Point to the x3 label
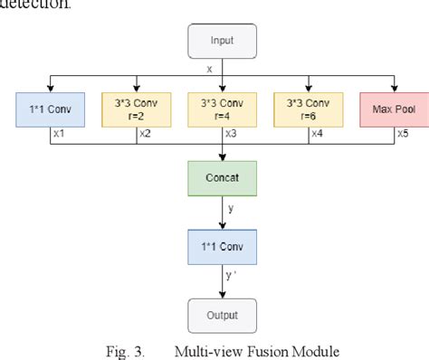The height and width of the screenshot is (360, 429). pos(232,134)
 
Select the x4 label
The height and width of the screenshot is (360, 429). pos(317,134)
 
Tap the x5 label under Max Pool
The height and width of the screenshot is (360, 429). pos(402,134)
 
